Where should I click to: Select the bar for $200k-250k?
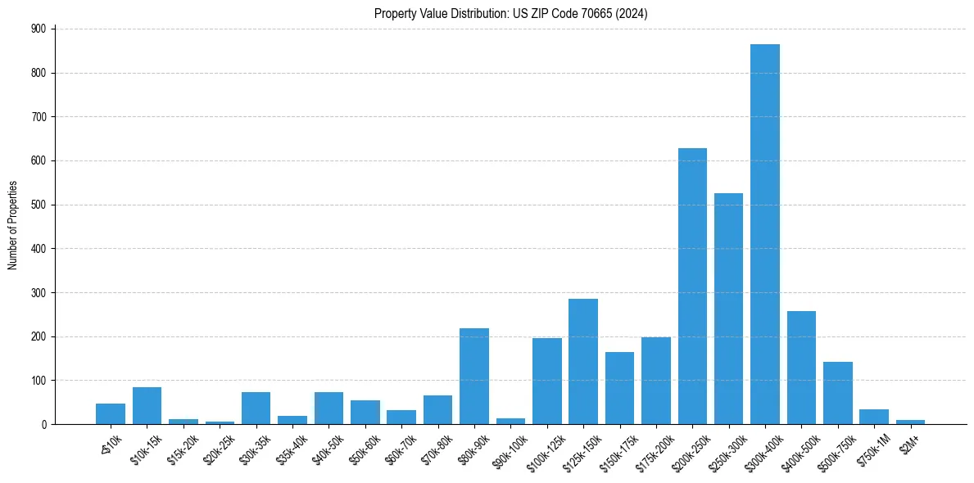click(692, 287)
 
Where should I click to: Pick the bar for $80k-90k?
click(474, 377)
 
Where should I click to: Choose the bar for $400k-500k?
click(801, 368)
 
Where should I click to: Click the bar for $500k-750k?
click(838, 393)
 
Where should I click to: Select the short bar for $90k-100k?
click(510, 421)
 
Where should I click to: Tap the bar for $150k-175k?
click(619, 388)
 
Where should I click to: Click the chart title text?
click(511, 13)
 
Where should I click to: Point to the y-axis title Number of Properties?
click(13, 225)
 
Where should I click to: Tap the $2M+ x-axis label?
click(908, 442)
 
